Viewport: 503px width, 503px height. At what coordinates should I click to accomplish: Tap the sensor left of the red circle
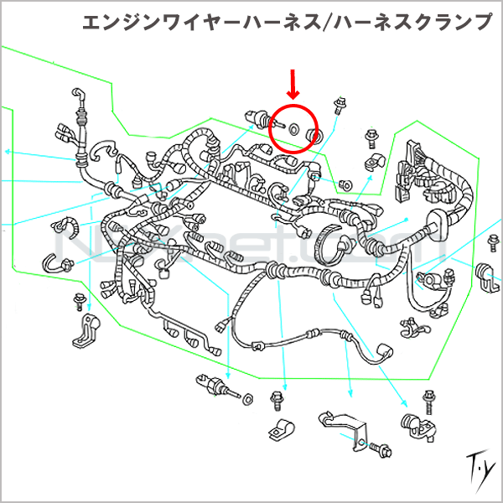(256, 118)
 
